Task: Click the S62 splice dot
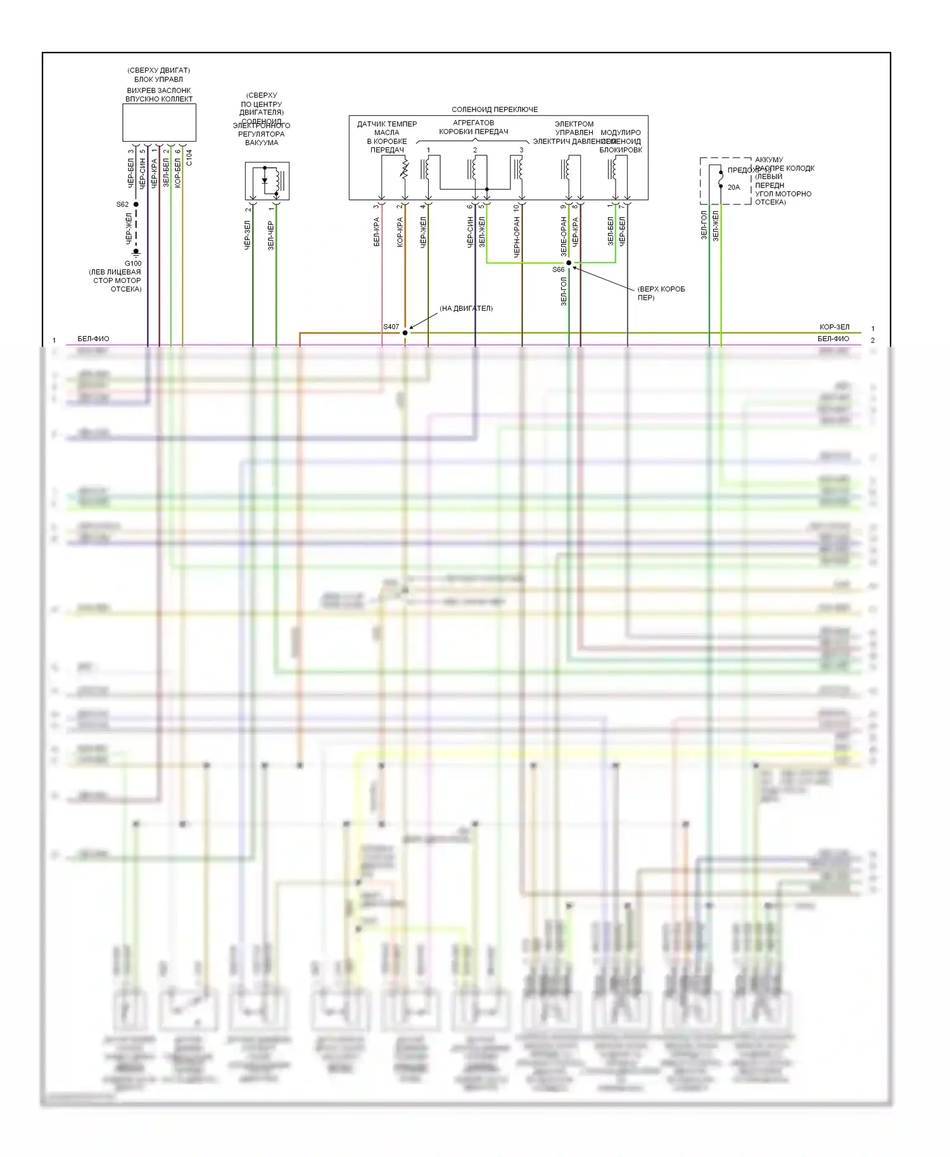click(136, 204)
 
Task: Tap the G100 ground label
click(133, 263)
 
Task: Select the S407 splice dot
click(405, 333)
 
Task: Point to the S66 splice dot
click(569, 263)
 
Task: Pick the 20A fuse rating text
click(733, 187)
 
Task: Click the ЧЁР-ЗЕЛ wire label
click(248, 235)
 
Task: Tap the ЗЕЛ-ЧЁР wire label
click(271, 235)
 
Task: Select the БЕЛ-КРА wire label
click(377, 232)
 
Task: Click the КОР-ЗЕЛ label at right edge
click(834, 327)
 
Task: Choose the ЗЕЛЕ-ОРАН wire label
click(564, 236)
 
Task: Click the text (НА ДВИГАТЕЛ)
click(466, 308)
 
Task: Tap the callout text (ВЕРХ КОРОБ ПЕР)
click(661, 293)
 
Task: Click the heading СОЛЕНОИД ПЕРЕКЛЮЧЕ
click(495, 109)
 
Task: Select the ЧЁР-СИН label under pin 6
click(471, 232)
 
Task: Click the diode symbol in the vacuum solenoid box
click(265, 181)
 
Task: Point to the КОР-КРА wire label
click(400, 232)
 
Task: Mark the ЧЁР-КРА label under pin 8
click(576, 232)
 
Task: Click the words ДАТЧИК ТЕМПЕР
click(387, 124)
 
